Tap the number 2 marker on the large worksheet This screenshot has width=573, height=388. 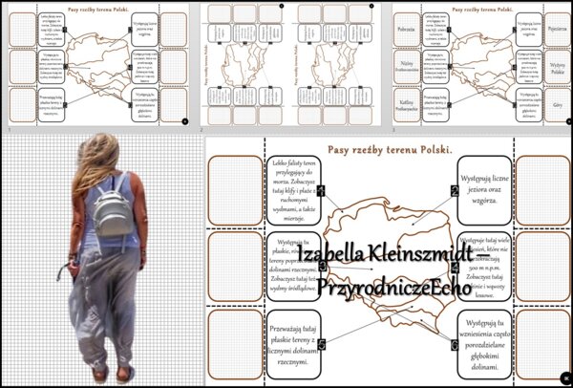[456, 190]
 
